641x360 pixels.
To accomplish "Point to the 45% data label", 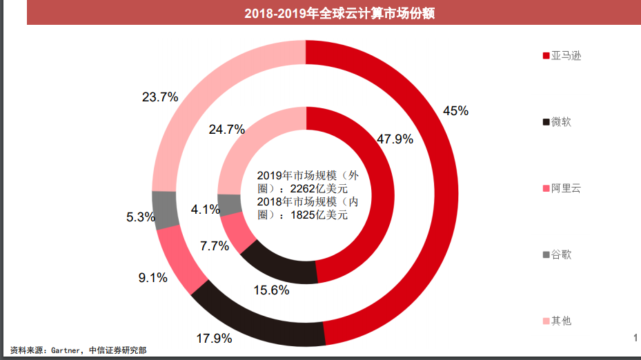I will click(x=455, y=110).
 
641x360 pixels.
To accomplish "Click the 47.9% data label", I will click(x=395, y=139).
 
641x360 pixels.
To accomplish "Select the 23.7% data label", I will click(x=160, y=97).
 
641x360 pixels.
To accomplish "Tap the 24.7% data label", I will click(x=227, y=129).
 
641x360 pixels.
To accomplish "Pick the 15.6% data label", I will click(x=271, y=290).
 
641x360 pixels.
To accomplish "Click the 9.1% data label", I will click(x=153, y=278).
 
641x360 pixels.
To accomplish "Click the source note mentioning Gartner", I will click(x=79, y=350).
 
